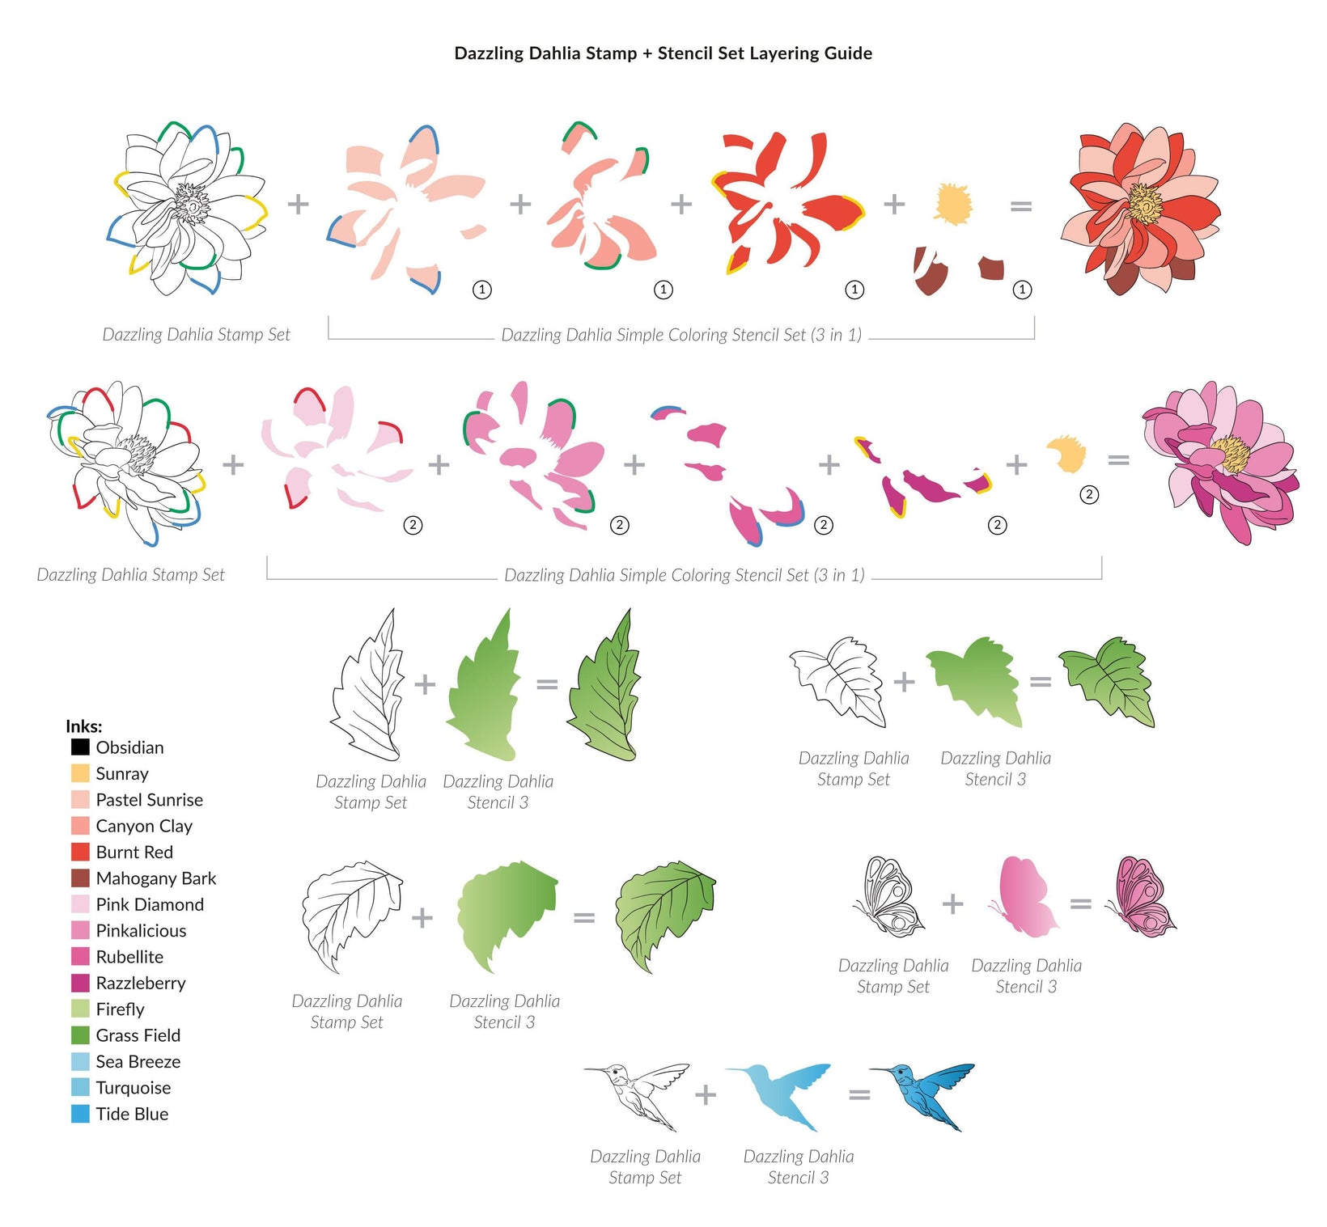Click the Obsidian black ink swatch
80,747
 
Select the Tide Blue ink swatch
80,1114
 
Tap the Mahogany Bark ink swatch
80,878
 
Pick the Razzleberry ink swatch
80,983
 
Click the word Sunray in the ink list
122,774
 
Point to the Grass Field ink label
138,1035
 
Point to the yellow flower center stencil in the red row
953,204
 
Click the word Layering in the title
783,53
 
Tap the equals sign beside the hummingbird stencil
859,1095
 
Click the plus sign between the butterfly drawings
953,903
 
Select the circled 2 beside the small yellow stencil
1090,494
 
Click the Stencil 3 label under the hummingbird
798,1178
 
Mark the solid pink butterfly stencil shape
1024,898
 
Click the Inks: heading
84,726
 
